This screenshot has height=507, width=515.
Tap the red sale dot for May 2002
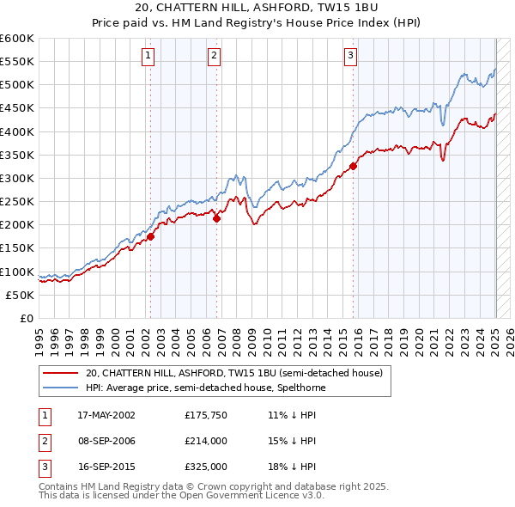tap(150, 236)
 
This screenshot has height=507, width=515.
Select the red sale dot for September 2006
tap(216, 218)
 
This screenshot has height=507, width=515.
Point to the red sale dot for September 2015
tap(354, 167)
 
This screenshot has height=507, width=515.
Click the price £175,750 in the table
tap(205, 415)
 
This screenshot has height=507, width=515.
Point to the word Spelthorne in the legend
tap(300, 388)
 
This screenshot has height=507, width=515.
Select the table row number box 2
tap(44, 441)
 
